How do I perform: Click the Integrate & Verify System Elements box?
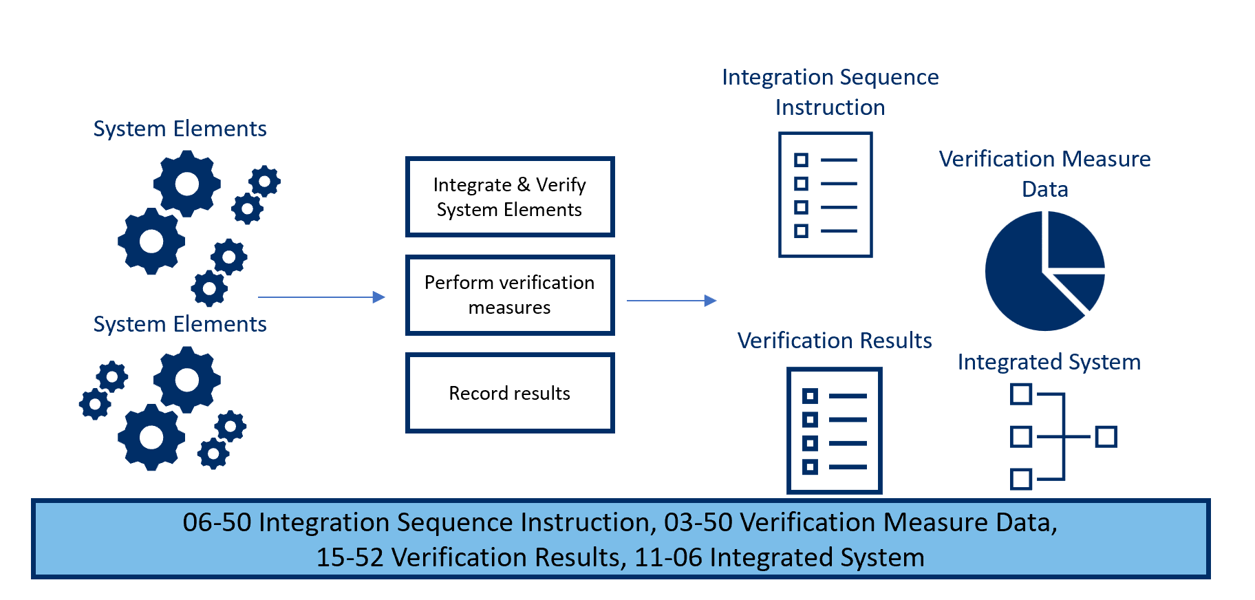[x=509, y=197]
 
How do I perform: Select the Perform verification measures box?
[x=509, y=294]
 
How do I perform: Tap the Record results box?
[x=509, y=393]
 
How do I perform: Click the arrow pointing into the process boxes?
[x=321, y=297]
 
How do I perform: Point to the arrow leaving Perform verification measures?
[x=671, y=301]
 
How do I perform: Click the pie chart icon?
[x=1044, y=270]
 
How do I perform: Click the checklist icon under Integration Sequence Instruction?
[x=825, y=195]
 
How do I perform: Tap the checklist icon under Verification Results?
[x=834, y=430]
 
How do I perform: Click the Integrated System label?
[x=1049, y=362]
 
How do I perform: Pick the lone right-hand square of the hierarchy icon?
[x=1106, y=437]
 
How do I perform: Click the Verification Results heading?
[x=834, y=341]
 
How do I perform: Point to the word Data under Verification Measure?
[x=1044, y=189]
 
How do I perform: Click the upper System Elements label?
[x=180, y=129]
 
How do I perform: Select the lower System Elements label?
[x=180, y=324]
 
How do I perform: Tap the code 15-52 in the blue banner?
[x=350, y=557]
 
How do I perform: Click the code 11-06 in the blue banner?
[x=667, y=557]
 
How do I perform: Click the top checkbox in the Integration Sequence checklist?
[x=801, y=160]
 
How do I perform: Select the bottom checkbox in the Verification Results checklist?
[x=810, y=467]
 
